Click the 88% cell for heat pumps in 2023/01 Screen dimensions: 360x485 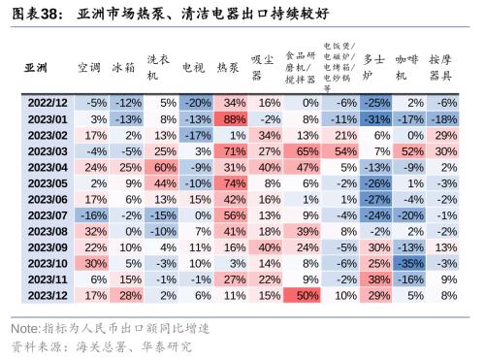[x=233, y=118]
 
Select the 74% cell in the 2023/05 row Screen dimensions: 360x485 [x=233, y=182]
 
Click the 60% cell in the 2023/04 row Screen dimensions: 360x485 [x=162, y=167]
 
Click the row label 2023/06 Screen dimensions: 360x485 [x=47, y=199]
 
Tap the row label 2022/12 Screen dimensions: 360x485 [x=47, y=102]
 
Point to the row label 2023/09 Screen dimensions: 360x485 [x=47, y=246]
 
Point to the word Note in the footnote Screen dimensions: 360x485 [x=23, y=329]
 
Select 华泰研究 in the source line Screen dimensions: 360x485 [x=165, y=345]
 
